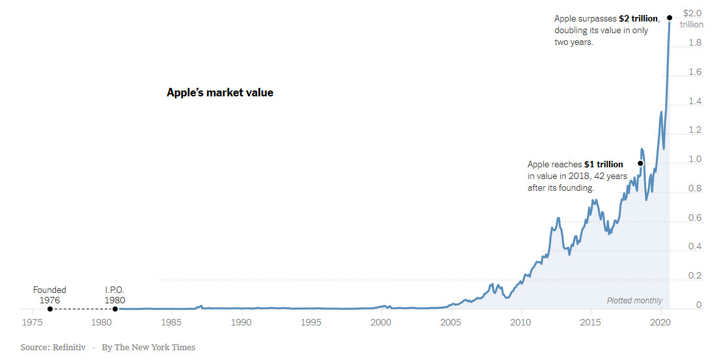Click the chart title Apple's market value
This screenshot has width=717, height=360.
pos(220,93)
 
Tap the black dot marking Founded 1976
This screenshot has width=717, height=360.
pos(49,309)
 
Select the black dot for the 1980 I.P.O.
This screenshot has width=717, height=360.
pos(115,309)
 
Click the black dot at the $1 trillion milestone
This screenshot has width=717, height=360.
pos(640,163)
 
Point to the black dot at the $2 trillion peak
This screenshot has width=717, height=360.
pos(670,18)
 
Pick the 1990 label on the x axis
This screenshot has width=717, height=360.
pos(241,322)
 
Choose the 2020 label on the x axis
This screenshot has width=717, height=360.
pos(660,322)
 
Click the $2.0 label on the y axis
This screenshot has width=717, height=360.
pos(692,13)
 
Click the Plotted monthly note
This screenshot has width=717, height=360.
pos(634,301)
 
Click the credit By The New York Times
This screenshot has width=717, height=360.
pos(148,348)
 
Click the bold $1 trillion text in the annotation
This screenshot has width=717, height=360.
pos(603,164)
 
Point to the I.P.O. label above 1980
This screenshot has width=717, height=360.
pos(115,290)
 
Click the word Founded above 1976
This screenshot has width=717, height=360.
pos(49,290)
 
